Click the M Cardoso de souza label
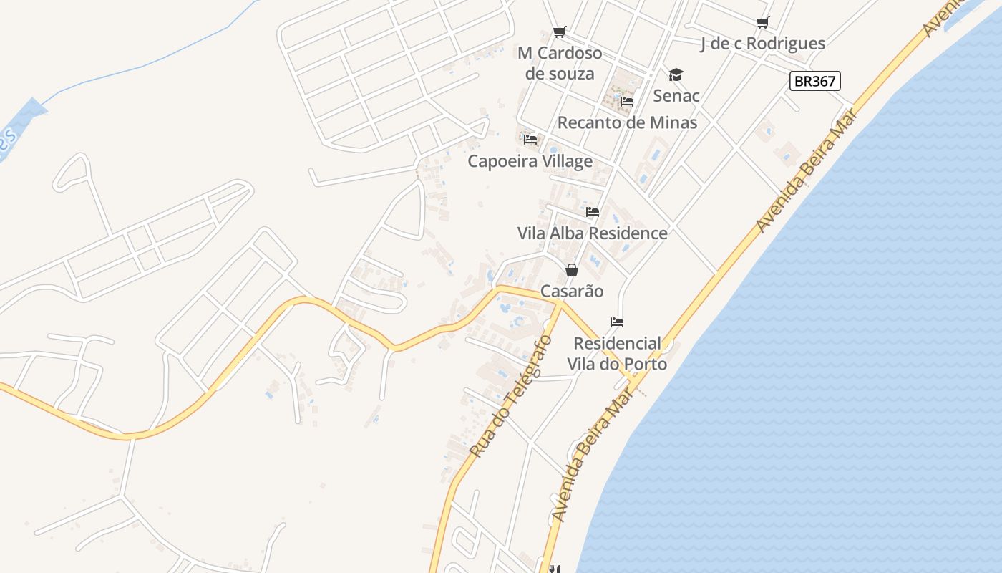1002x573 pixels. point(560,63)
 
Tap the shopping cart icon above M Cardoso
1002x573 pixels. point(560,32)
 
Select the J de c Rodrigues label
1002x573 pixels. point(762,44)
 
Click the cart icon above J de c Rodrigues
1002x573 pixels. point(762,22)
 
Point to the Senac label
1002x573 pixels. point(676,95)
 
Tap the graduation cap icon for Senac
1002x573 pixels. point(676,75)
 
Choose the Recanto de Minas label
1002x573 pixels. point(627,122)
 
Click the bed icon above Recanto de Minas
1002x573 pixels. point(627,102)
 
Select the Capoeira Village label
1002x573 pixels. point(530,161)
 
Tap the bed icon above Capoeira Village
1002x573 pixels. point(530,140)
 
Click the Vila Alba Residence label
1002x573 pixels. point(592,233)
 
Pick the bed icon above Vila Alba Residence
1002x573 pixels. point(593,212)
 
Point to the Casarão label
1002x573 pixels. point(571,292)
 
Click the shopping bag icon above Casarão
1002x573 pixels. point(571,270)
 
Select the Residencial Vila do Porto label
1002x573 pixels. point(617,354)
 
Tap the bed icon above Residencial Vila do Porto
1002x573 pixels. point(617,322)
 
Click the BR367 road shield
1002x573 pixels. point(815,81)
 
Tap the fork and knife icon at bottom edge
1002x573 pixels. point(553,569)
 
